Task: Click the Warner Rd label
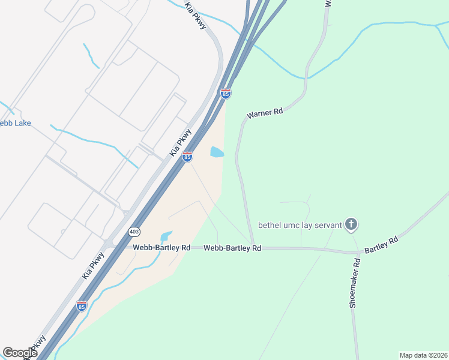click(264, 114)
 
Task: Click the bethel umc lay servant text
click(300, 226)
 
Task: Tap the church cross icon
click(352, 226)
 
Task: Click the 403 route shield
click(134, 230)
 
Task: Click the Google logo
click(20, 353)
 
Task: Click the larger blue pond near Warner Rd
click(217, 152)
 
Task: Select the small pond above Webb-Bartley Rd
click(166, 236)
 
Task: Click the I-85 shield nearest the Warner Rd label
click(225, 94)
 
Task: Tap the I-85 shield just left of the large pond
click(187, 157)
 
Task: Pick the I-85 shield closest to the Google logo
click(82, 306)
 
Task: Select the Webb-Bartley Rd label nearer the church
click(232, 248)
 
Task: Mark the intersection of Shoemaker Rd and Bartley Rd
click(355, 251)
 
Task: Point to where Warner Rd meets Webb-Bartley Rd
click(253, 247)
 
